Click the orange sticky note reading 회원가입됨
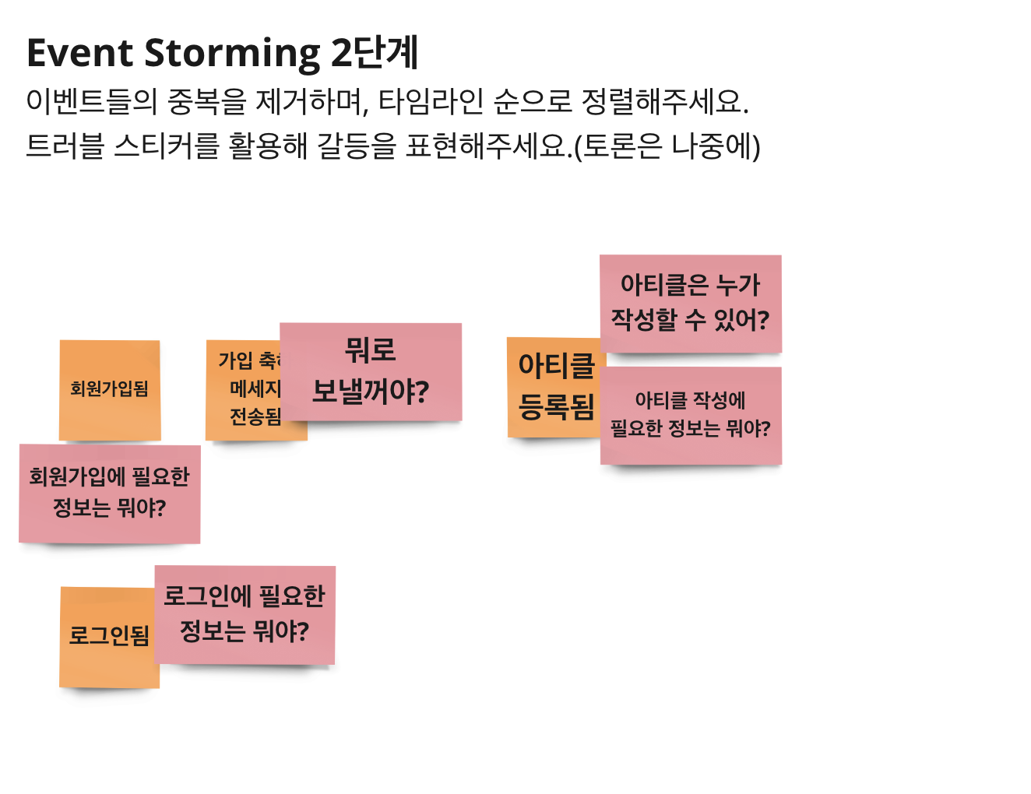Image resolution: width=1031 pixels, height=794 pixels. (x=110, y=389)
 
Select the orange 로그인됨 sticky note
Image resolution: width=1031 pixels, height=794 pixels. (x=109, y=637)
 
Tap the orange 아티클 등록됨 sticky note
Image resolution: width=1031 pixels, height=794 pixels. (x=555, y=386)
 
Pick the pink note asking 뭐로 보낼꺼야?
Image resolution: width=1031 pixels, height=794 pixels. (x=371, y=371)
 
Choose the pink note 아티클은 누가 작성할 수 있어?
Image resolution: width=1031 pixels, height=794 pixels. (x=690, y=303)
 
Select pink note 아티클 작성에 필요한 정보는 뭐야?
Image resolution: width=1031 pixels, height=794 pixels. (x=691, y=415)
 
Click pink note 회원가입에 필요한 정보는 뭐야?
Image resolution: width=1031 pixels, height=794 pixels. (x=109, y=493)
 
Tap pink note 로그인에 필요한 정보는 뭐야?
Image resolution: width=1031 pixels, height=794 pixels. (x=245, y=614)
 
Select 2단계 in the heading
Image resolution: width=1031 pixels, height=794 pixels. (x=375, y=54)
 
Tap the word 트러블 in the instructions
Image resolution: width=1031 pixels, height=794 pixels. (x=65, y=146)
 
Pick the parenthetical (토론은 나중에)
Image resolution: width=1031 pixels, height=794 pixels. (x=667, y=146)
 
